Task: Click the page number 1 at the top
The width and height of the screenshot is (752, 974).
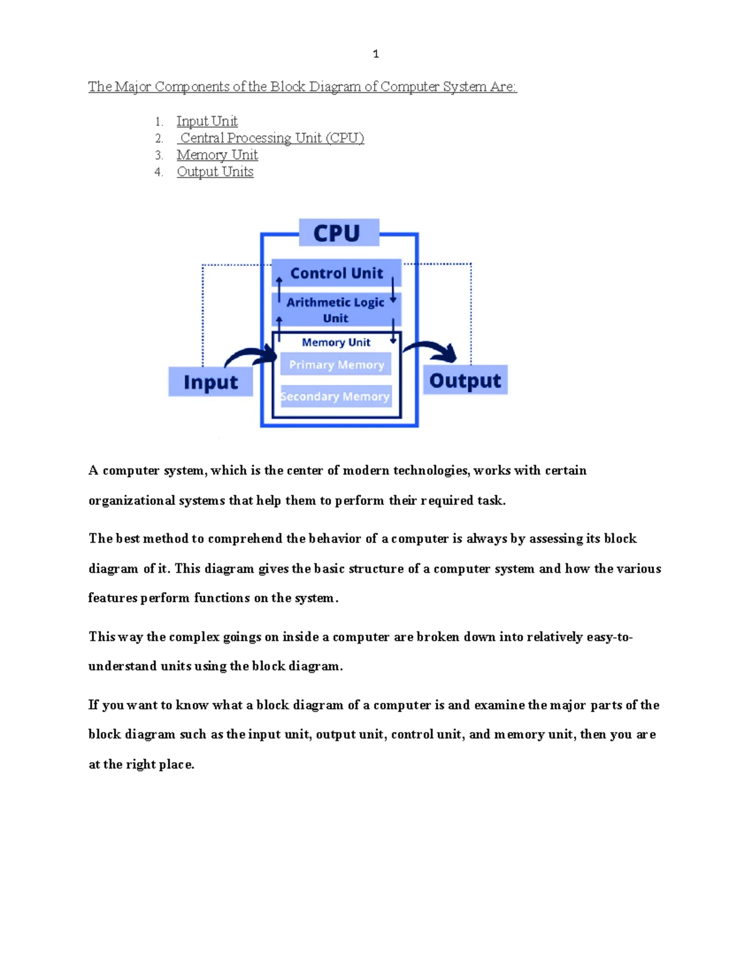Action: (x=376, y=54)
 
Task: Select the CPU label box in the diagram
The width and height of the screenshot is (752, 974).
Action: (x=339, y=232)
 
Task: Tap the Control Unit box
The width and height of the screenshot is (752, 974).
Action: (x=337, y=273)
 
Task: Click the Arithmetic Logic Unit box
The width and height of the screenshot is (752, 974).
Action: (x=337, y=310)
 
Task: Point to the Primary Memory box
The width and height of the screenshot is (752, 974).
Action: (x=336, y=364)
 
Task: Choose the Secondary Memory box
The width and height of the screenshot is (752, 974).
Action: (x=336, y=396)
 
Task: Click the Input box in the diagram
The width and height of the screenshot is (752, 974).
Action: (x=211, y=381)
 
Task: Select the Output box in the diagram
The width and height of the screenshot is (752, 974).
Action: (x=466, y=379)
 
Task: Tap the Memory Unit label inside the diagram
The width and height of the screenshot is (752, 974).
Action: (x=336, y=342)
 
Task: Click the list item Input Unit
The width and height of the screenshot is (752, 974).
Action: (x=207, y=121)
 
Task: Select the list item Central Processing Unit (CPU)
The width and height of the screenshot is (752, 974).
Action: (x=271, y=137)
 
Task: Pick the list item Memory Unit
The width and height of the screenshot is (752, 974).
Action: (x=217, y=155)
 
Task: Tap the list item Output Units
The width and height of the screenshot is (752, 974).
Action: (x=215, y=171)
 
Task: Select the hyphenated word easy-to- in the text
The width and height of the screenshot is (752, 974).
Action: (x=610, y=637)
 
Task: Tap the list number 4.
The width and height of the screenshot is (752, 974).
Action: (x=158, y=172)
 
